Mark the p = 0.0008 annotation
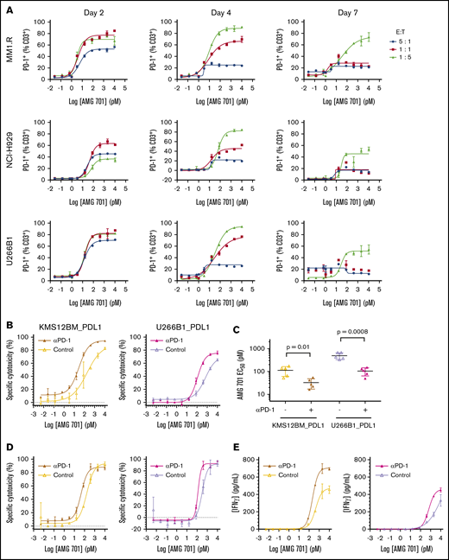[x=398, y=309]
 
